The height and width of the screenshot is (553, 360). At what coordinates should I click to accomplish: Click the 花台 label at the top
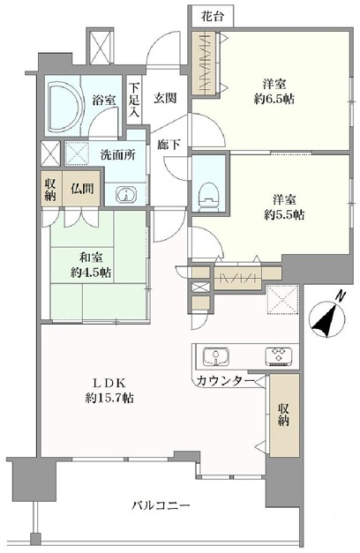point(213,16)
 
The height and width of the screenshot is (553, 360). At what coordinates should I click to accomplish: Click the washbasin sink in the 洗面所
point(125,194)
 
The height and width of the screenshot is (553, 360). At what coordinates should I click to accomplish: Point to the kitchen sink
point(215,356)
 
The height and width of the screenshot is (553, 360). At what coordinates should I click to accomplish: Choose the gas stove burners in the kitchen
point(279,356)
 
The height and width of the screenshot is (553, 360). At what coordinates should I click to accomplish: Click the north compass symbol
point(326,317)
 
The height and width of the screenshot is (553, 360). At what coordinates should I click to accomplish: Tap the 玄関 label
point(165,98)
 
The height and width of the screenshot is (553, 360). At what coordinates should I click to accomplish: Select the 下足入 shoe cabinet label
point(134,100)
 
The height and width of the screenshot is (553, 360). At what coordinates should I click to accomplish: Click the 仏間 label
point(82,189)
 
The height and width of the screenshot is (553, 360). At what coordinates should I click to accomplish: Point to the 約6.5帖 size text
point(274,99)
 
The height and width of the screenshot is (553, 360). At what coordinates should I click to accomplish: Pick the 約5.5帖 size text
point(284,214)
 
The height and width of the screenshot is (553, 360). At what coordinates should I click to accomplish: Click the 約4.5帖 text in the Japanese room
point(91,273)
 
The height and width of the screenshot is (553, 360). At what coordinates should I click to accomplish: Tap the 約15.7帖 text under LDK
point(109,398)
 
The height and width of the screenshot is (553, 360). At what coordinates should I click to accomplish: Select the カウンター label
point(226,380)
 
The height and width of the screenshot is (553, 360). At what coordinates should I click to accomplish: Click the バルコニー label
point(161,505)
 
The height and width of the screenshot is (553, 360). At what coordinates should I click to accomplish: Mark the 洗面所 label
point(117,155)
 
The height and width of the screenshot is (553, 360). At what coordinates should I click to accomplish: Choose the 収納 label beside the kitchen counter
point(283,415)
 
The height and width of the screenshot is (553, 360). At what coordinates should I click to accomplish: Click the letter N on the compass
point(341,295)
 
